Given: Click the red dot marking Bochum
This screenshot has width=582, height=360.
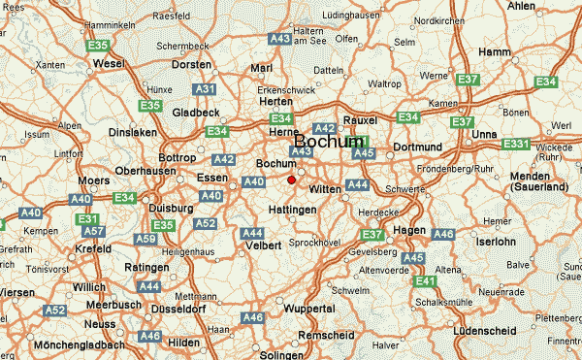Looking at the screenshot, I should click(291, 179).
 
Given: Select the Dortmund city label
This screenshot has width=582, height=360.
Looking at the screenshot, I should click(416, 147).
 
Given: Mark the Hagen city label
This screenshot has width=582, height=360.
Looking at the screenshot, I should click(410, 229).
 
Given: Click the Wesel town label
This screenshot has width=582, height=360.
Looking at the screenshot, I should click(110, 64).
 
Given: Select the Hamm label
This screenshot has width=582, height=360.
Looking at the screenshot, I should click(494, 51).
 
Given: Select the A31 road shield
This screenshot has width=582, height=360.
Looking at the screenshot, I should click(205, 89).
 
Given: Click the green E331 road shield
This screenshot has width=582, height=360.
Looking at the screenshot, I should click(516, 144).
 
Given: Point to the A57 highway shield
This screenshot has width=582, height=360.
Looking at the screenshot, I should click(93, 232).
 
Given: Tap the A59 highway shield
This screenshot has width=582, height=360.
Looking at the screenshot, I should click(145, 239).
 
